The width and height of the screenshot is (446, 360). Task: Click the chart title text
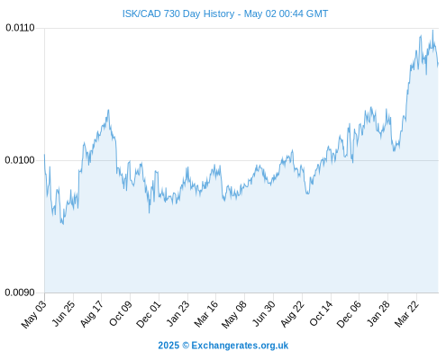coord(225,13)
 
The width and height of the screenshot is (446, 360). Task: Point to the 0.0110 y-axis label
coord(20,28)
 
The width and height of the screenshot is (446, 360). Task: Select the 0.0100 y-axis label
coord(20,160)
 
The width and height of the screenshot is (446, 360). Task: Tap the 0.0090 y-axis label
coord(20,292)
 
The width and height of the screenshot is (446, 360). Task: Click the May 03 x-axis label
coord(34,314)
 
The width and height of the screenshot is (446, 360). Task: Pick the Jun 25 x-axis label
coord(64,314)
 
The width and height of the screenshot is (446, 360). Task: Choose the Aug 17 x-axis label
coord(92,314)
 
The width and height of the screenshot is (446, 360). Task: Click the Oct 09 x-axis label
coord(121,314)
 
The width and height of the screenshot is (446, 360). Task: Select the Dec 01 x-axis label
coord(149,314)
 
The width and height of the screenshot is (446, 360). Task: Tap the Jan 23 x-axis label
coord(178,314)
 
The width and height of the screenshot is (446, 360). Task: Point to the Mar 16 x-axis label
coord(206,314)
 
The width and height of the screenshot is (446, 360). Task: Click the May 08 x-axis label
coord(234,314)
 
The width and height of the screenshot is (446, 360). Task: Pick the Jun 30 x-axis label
coord(264,314)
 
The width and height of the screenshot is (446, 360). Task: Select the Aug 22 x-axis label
coord(293,314)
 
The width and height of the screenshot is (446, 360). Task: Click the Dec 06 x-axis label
coord(349,314)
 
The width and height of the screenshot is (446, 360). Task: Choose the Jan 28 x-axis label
coord(378,314)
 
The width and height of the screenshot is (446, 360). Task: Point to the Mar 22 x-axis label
coord(407,314)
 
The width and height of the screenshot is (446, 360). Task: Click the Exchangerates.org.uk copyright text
coord(223,346)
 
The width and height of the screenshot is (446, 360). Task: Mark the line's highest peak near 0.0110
coord(432,30)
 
